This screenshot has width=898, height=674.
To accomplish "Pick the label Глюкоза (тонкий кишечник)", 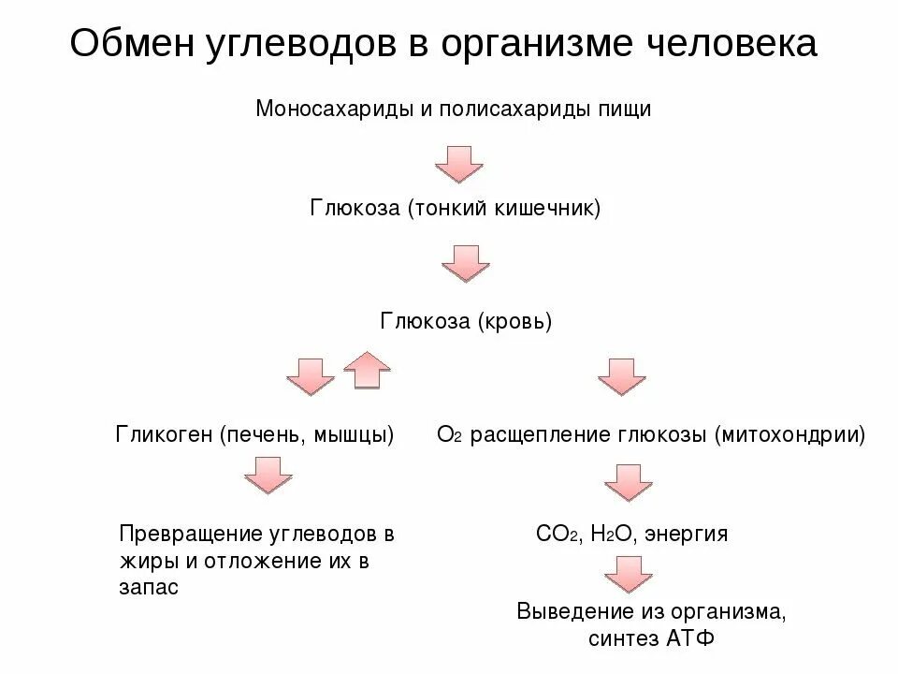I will point(456,206).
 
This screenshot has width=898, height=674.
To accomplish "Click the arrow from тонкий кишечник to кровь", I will point(466,263).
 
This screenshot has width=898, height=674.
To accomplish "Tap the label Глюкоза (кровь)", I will point(467,322).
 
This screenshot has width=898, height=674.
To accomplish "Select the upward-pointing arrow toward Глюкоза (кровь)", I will point(366,370).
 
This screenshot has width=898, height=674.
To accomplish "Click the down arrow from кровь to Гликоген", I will point(310,375).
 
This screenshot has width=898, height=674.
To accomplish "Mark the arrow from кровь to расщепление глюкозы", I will point(621,375).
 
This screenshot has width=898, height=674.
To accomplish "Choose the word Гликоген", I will point(165,434).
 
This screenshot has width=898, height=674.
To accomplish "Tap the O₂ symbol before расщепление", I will point(450,434).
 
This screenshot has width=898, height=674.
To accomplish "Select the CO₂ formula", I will point(558,535).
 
